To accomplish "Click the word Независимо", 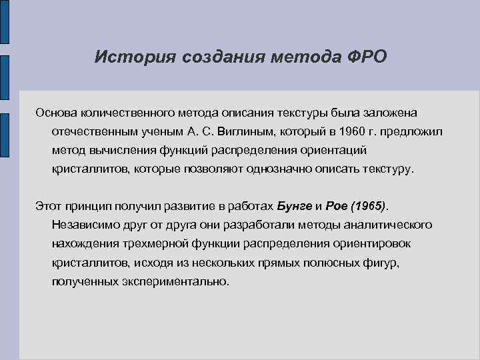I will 83,225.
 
